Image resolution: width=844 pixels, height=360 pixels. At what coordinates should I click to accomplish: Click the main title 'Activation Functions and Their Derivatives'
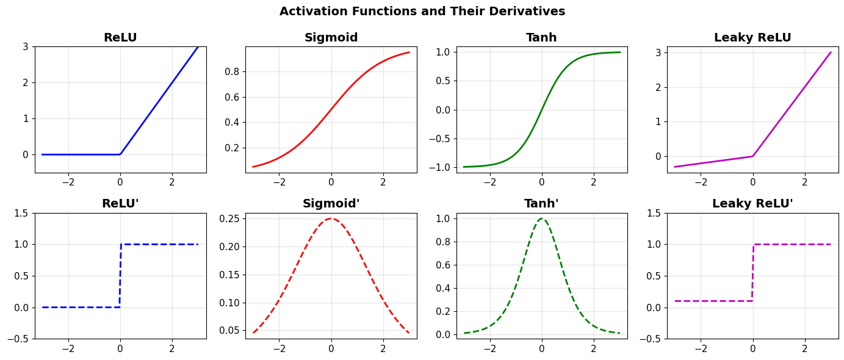tap(422, 12)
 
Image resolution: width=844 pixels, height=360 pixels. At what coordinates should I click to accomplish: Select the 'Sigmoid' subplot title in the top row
tap(331, 37)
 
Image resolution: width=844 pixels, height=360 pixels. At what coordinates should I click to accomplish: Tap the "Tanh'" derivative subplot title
tap(541, 203)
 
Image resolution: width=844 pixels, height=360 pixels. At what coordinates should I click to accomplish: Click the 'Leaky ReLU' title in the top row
tap(752, 37)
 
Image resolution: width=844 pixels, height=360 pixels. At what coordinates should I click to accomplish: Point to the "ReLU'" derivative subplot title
tap(120, 203)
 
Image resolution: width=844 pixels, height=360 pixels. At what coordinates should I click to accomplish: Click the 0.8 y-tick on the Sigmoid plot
tap(232, 71)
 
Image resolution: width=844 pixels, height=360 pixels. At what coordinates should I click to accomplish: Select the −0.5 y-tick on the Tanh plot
tap(440, 139)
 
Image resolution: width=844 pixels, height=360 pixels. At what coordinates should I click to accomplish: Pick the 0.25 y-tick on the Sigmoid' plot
tap(229, 218)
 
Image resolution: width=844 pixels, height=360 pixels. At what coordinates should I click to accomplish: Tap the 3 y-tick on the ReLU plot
tap(26, 47)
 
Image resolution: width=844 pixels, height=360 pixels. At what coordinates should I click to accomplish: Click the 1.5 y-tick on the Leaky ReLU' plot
tap(654, 213)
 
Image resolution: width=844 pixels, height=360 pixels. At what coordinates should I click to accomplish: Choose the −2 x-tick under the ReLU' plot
tap(68, 348)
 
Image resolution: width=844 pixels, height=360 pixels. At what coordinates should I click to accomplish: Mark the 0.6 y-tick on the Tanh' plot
tap(443, 265)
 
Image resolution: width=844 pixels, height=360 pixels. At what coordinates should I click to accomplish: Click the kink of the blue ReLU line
tap(120, 154)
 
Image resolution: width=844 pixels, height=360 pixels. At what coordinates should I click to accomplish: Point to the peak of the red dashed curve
tap(331, 218)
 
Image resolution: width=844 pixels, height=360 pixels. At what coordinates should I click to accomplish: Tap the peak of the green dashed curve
tap(541, 218)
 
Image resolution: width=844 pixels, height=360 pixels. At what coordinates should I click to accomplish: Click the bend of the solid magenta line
tap(753, 156)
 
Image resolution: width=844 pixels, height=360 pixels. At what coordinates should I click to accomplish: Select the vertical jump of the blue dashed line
tap(120, 276)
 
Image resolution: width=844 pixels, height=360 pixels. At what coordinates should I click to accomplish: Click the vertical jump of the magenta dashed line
tap(753, 273)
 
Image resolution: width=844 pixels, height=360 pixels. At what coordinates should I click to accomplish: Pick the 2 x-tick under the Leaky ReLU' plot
tap(804, 348)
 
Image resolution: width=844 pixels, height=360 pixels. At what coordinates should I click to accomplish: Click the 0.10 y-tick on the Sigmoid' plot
tap(229, 303)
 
